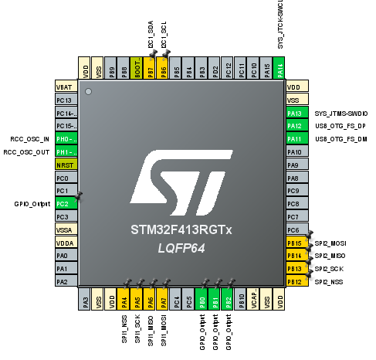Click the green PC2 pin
click(65, 203)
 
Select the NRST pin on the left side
click(65, 165)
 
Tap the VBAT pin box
click(65, 87)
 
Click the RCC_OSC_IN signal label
click(30, 140)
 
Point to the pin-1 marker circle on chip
click(89, 93)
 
